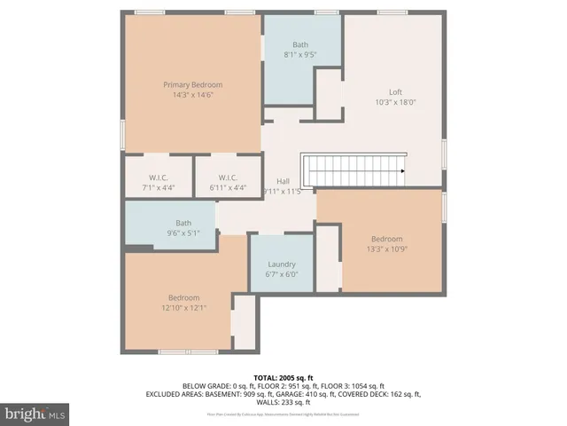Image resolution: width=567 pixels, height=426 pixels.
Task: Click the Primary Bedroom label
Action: (x=192, y=84)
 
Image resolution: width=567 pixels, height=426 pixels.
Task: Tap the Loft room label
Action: (x=395, y=91)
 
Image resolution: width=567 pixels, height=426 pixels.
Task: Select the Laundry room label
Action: (x=281, y=264)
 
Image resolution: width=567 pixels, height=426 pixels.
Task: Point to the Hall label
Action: (x=283, y=181)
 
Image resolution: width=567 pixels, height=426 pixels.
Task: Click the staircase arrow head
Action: (x=402, y=170)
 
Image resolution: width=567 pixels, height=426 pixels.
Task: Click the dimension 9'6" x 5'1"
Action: (x=183, y=233)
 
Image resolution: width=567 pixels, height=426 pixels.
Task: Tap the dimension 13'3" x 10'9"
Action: (x=386, y=248)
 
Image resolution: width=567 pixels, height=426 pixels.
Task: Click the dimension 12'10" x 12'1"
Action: (x=184, y=307)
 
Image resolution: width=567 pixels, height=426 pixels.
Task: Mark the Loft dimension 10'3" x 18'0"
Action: (x=395, y=101)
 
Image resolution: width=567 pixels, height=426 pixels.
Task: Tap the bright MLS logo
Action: (x=35, y=414)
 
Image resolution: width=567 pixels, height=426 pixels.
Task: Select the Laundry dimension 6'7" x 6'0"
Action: (x=281, y=274)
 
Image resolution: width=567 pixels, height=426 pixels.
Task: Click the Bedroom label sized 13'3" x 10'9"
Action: (x=386, y=239)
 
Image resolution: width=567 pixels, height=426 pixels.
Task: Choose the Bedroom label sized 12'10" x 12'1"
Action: (x=184, y=297)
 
